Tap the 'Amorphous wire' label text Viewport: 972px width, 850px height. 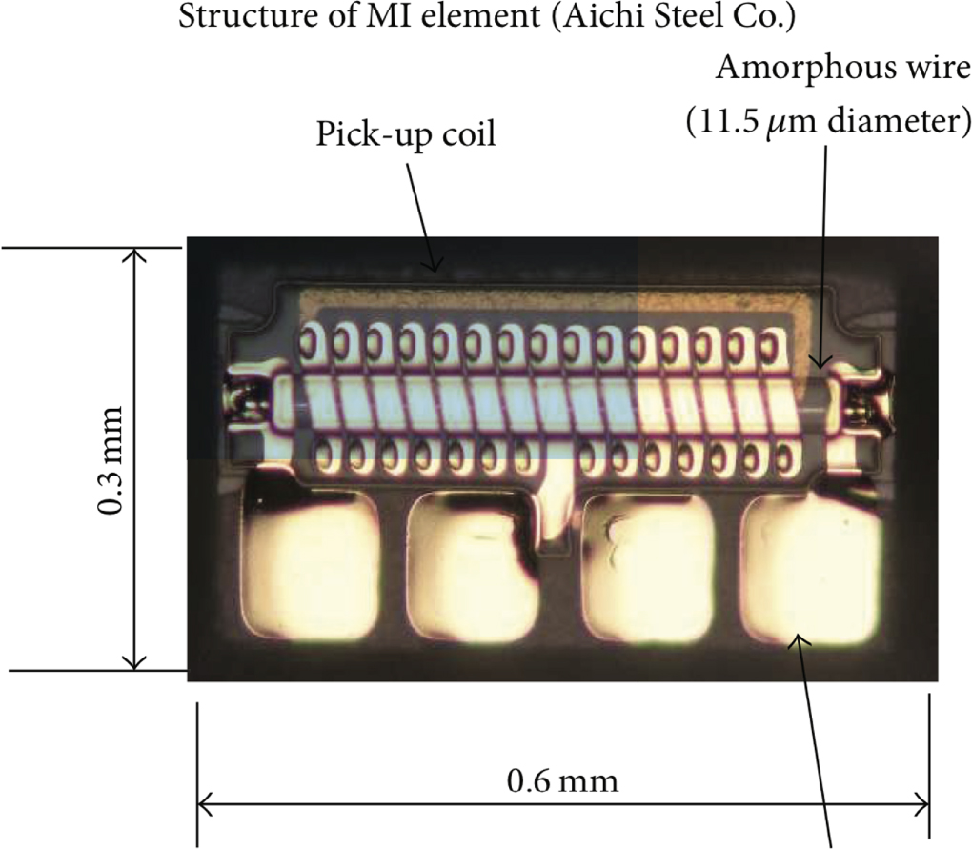tap(845, 70)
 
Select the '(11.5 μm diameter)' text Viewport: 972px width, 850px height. tap(822, 122)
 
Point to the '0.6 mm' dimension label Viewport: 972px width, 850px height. tap(562, 782)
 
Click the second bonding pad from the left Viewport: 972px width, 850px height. tap(467, 570)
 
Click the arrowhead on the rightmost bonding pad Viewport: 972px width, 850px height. tap(800, 643)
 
